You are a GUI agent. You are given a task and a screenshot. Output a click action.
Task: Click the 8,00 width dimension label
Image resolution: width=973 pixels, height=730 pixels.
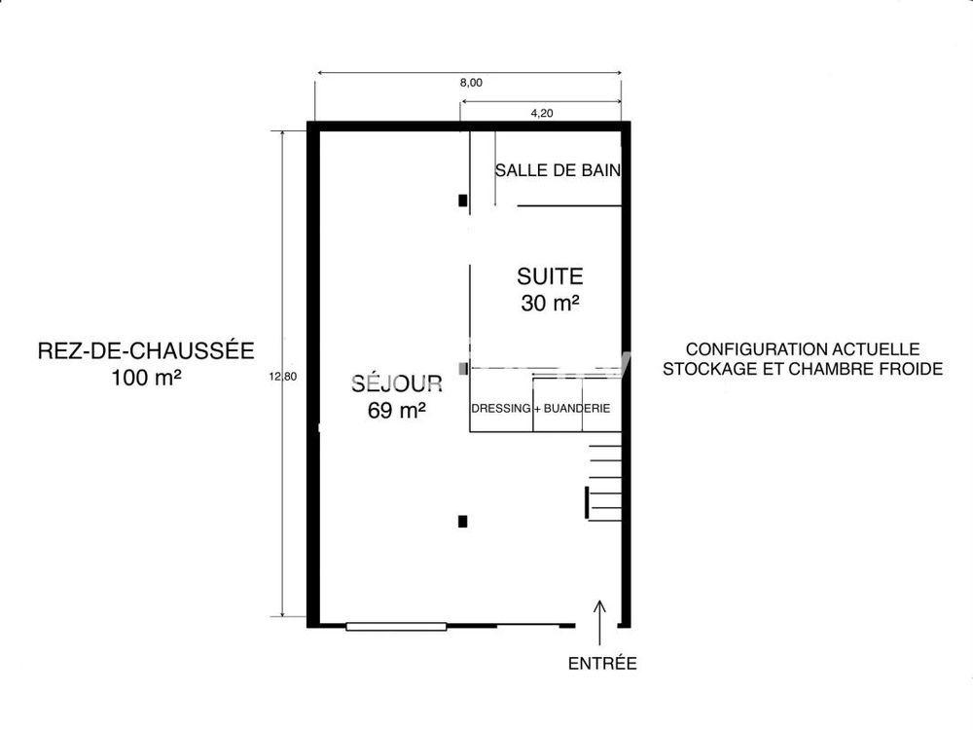(471, 84)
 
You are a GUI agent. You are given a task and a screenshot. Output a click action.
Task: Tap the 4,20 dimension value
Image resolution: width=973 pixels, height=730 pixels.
(542, 114)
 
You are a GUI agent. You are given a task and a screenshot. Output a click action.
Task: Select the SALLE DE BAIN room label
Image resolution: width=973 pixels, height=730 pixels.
(558, 169)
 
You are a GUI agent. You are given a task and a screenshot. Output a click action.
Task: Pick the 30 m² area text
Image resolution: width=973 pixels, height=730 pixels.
(550, 303)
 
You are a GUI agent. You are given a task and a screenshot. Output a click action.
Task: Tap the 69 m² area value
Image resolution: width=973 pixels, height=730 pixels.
(397, 411)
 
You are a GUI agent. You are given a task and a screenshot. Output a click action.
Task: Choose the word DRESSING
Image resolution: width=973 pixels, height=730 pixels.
(501, 408)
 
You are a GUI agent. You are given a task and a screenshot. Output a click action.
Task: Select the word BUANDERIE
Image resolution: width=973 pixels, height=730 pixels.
(577, 408)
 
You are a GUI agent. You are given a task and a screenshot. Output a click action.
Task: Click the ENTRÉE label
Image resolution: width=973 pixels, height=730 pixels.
(602, 664)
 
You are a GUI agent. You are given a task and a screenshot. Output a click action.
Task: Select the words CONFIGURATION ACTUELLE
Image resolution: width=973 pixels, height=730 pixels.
(803, 348)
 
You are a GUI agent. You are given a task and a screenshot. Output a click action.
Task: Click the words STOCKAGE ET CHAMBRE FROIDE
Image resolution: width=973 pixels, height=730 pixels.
(803, 369)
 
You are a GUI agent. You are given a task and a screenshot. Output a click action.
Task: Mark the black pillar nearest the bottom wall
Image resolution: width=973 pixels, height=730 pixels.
(463, 522)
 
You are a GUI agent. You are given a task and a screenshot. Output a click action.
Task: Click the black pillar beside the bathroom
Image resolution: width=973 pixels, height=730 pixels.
(463, 201)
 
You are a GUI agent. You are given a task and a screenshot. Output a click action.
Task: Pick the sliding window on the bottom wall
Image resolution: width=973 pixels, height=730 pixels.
(396, 626)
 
